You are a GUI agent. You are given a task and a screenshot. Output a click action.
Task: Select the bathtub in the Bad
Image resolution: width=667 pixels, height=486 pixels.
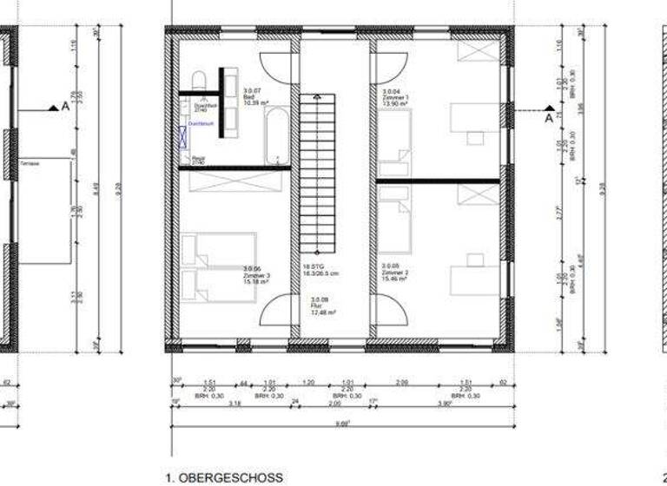277,135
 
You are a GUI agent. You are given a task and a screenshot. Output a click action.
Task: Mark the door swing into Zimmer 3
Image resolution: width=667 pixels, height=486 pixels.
276,310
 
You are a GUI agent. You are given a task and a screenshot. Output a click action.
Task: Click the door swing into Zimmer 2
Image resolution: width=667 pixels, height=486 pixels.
389,310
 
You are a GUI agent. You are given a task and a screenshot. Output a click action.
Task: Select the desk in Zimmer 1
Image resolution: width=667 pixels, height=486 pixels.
473,120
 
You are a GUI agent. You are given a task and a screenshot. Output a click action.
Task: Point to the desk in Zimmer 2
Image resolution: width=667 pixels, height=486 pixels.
473,278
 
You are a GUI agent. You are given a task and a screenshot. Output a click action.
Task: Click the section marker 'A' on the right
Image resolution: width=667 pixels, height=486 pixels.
548,117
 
